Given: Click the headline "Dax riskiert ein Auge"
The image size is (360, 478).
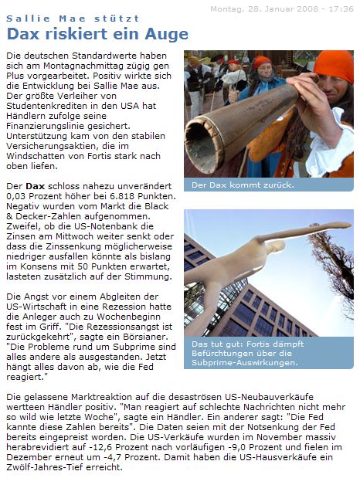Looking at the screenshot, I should (97, 34).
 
